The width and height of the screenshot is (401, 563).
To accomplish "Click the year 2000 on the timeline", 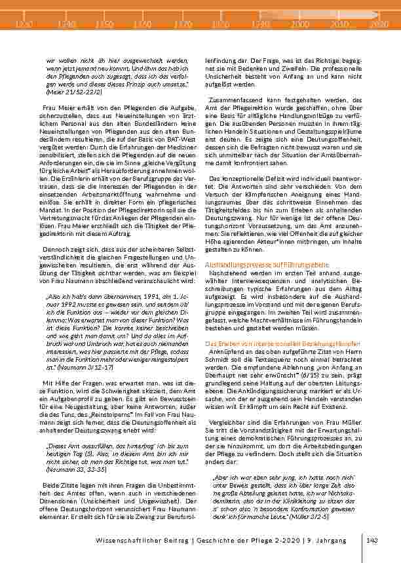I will (300, 24).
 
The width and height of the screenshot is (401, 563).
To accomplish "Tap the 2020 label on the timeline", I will (379, 24).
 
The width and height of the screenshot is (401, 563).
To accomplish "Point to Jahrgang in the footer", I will (343, 540).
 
